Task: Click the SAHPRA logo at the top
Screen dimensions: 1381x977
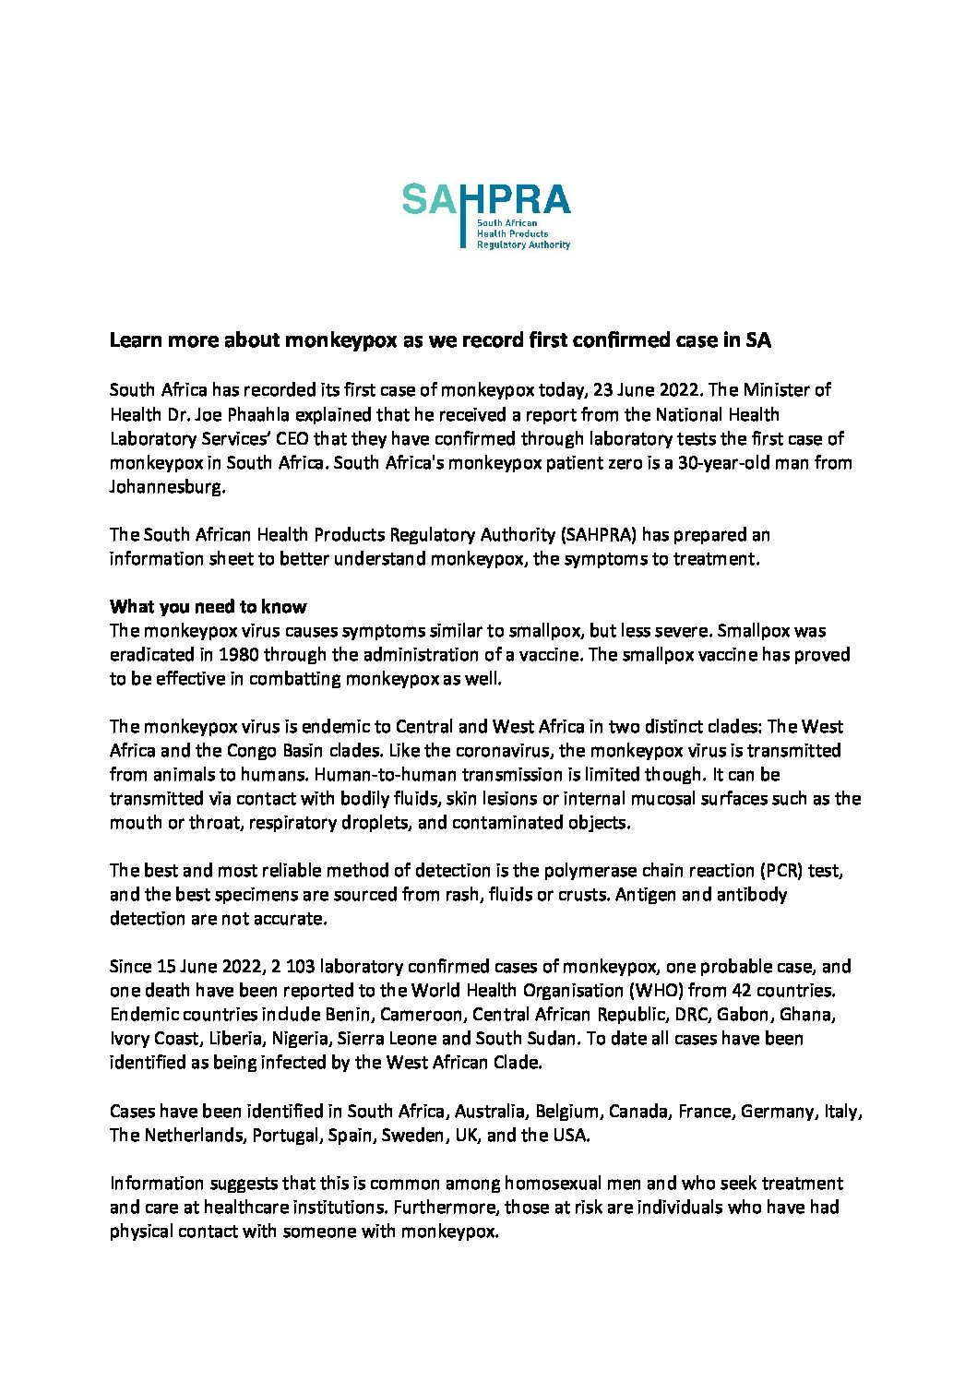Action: click(x=486, y=215)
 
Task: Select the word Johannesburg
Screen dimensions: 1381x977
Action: click(x=167, y=487)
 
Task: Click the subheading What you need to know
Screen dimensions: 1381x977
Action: click(x=209, y=607)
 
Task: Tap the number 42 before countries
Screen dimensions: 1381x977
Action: click(x=742, y=991)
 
